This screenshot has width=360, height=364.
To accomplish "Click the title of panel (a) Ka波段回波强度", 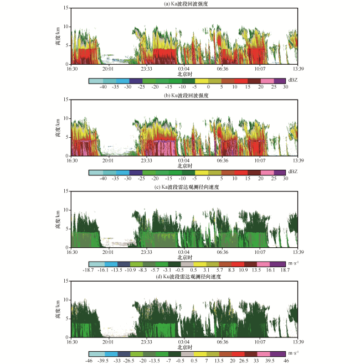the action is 186,4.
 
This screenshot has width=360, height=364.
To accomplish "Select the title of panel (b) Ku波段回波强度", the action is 186,95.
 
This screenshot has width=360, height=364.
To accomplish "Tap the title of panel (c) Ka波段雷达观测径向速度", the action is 187,187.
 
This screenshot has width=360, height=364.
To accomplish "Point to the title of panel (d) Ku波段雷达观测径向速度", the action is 188,277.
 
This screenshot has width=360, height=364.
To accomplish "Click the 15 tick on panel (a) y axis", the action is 66,8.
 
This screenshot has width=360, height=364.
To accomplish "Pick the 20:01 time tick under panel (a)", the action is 108,69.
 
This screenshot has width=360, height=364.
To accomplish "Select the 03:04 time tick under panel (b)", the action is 184,160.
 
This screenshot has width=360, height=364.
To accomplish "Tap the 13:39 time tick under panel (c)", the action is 298,252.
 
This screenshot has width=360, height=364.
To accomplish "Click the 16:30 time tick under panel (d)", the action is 72,342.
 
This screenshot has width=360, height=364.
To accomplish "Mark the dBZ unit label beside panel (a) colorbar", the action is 293,80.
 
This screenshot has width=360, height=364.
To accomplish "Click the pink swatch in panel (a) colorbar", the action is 268,81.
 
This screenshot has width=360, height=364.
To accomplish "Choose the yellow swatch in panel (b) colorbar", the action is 202,173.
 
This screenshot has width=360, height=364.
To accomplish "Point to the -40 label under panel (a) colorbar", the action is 103,87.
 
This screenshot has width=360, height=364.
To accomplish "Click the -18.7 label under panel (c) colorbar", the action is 88,270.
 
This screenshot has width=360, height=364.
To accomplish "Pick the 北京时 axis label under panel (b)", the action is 185,166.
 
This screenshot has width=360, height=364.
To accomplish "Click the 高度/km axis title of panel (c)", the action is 58,220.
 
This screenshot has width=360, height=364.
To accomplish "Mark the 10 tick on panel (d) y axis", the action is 66,300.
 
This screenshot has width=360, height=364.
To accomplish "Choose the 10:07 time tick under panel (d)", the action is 260,342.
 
